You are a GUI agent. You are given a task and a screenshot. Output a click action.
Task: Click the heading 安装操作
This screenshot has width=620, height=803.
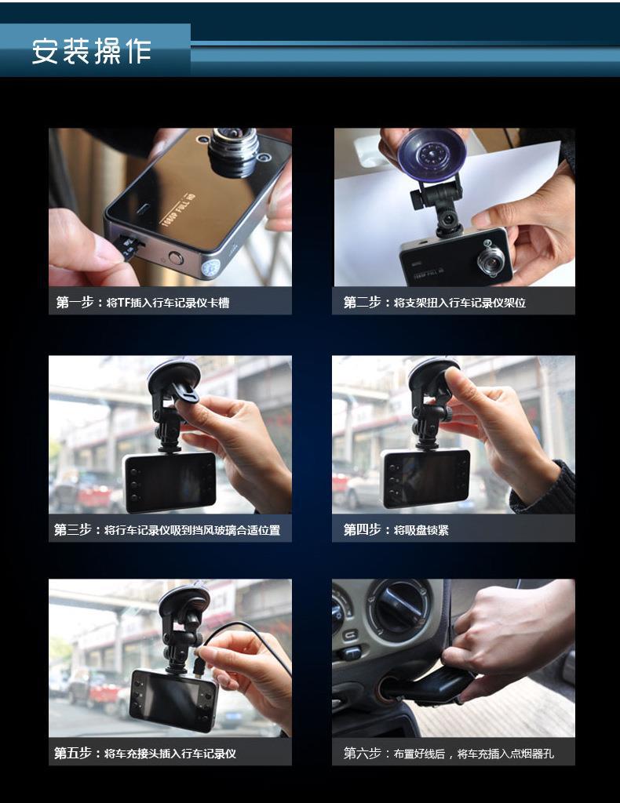coord(92,52)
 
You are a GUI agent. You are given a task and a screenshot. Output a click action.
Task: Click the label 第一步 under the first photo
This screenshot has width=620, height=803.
coord(75,302)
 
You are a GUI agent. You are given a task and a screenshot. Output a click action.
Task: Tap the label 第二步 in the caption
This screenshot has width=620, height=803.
coord(363,302)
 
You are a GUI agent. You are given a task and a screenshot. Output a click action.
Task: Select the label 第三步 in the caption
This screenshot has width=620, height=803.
coord(73,529)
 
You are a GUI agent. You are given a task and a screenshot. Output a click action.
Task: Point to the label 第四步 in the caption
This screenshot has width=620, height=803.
coord(363,529)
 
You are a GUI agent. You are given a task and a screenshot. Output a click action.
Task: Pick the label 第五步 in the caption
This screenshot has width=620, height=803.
coord(73,754)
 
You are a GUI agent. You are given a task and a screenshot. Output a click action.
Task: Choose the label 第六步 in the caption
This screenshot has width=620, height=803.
coord(363,754)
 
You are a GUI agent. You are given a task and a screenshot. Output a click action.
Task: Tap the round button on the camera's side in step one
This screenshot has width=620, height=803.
coord(176,257)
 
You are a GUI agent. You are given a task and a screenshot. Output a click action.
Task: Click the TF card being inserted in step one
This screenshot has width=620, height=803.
coord(129,246)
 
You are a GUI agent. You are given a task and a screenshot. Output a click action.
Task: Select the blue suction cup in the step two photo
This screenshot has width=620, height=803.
coord(432,154)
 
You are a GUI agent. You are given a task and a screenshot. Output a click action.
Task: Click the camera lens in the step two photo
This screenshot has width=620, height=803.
coord(491,258)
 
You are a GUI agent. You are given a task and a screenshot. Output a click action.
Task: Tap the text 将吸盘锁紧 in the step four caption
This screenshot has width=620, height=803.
coord(421,530)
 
